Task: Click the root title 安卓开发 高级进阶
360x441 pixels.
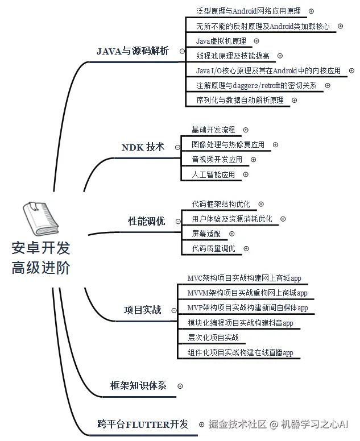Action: (x=41, y=258)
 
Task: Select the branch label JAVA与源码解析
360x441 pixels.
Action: (x=133, y=51)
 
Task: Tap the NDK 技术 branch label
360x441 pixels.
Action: (x=143, y=147)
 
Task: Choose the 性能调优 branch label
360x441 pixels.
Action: (x=147, y=221)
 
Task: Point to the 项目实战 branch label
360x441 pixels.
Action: (x=143, y=310)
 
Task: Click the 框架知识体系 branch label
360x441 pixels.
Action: (x=138, y=385)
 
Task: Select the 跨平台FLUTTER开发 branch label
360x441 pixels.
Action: (x=143, y=424)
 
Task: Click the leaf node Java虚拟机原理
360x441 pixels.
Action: (x=221, y=41)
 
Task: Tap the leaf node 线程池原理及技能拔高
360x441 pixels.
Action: (x=233, y=56)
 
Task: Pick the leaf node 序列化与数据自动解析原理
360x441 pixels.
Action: (x=239, y=100)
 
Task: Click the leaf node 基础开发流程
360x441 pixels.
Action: (x=213, y=130)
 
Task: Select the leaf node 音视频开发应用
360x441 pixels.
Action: (x=217, y=160)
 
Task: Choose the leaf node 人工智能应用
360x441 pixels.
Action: (x=213, y=174)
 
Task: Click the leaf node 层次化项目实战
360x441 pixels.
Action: (x=213, y=338)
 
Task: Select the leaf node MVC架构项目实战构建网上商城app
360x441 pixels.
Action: (x=244, y=278)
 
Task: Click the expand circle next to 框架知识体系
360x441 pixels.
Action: (x=180, y=386)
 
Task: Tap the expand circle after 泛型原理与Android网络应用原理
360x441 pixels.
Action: (x=311, y=11)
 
